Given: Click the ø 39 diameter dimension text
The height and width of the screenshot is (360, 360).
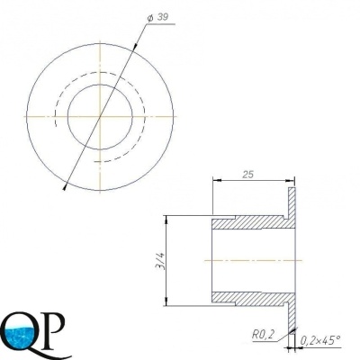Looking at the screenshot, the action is tap(158, 18).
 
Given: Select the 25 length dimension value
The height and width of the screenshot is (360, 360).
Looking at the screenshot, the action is tap(248, 175).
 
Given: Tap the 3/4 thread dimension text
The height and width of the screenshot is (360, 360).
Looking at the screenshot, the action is tap(161, 261).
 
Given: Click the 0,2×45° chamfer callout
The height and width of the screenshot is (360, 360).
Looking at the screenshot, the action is tap(320, 339).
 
